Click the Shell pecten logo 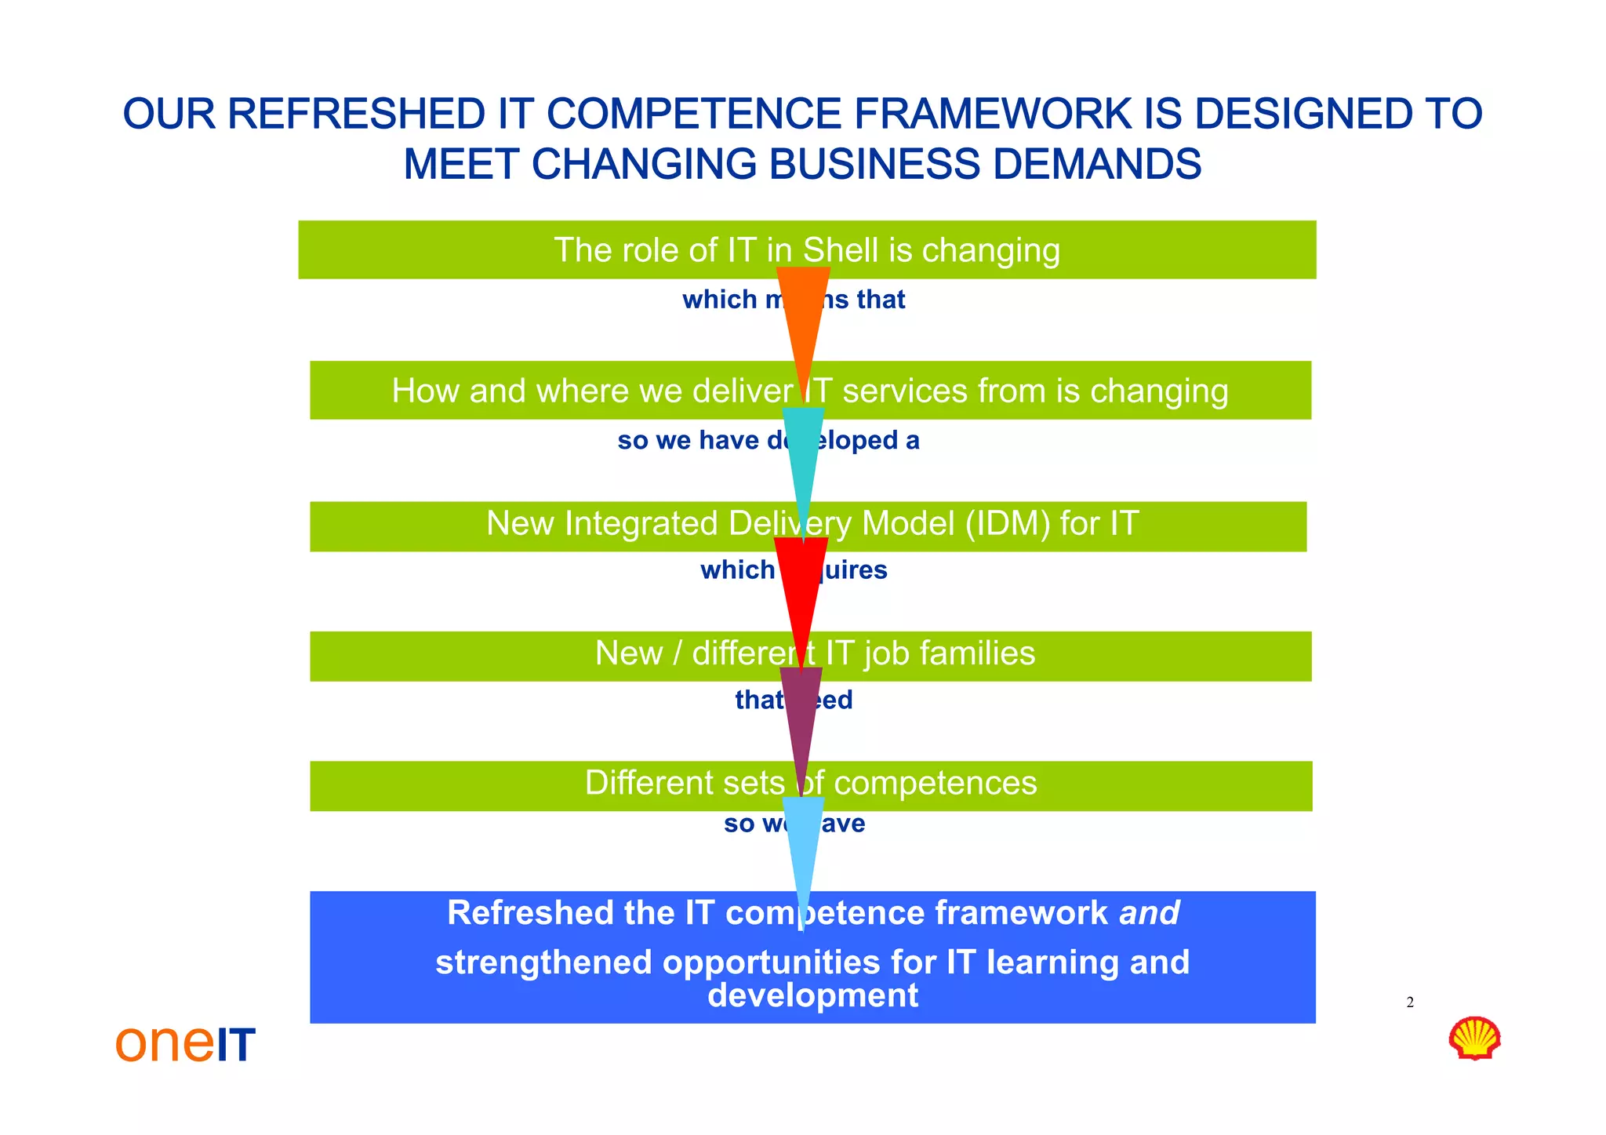pos(1474,1038)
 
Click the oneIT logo pos(186,1043)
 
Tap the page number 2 pos(1410,1002)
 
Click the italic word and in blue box pos(1149,913)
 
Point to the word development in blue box pos(812,995)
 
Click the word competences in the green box pos(935,783)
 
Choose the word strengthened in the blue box pos(543,962)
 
